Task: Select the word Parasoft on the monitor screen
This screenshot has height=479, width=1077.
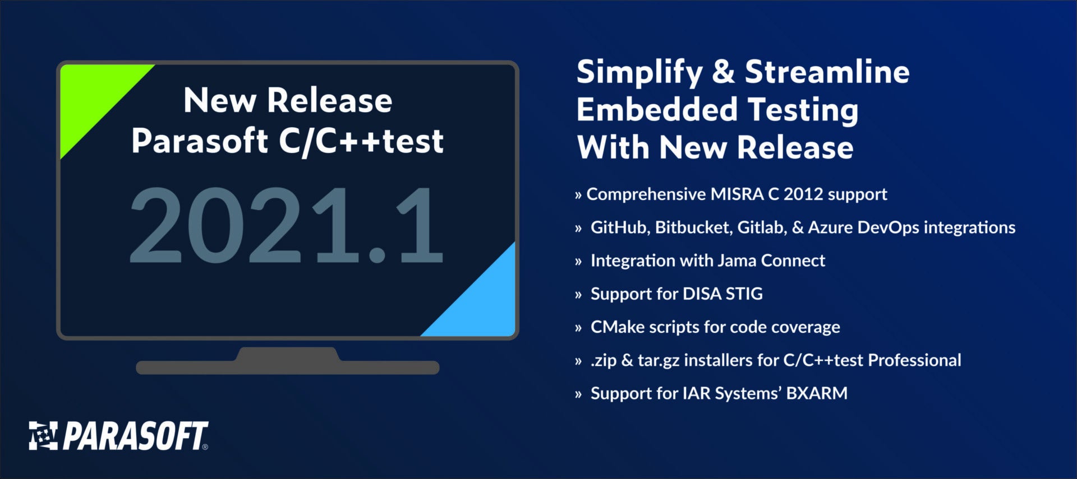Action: (199, 141)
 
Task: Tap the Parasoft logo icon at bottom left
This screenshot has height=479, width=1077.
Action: (43, 436)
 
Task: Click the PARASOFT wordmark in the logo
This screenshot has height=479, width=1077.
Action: (135, 436)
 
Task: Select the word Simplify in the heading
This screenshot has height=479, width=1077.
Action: (639, 72)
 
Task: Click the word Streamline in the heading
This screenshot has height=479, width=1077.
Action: (827, 72)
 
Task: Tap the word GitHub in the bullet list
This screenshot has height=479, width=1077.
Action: (619, 227)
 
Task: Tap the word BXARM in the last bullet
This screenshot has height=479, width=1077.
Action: (817, 393)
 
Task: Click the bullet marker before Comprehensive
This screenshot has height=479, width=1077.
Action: (578, 195)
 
